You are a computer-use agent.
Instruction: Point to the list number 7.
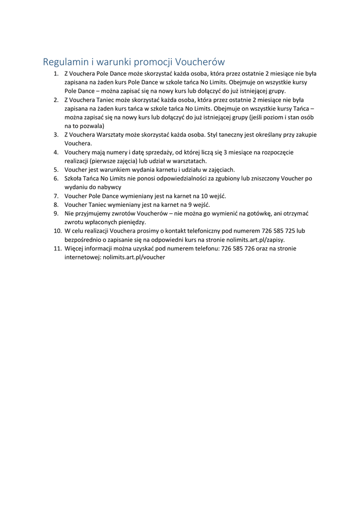coord(57,196)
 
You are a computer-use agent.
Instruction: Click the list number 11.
coord(58,249)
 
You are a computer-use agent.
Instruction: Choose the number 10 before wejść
coord(205,196)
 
